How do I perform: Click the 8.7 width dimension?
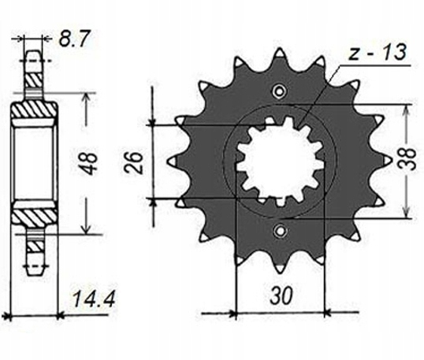[73, 39]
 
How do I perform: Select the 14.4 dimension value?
[94, 299]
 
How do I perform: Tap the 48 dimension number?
[88, 164]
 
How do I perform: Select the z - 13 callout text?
[378, 53]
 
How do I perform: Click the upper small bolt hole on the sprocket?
[279, 91]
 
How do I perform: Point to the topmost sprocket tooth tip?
[279, 50]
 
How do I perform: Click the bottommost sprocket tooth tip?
[280, 271]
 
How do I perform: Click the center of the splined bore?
[280, 161]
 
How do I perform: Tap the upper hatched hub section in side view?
[34, 110]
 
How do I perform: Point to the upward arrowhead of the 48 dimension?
[86, 96]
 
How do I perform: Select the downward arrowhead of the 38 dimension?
[406, 213]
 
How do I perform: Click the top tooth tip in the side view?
[34, 51]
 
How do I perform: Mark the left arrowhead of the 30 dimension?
[232, 314]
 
